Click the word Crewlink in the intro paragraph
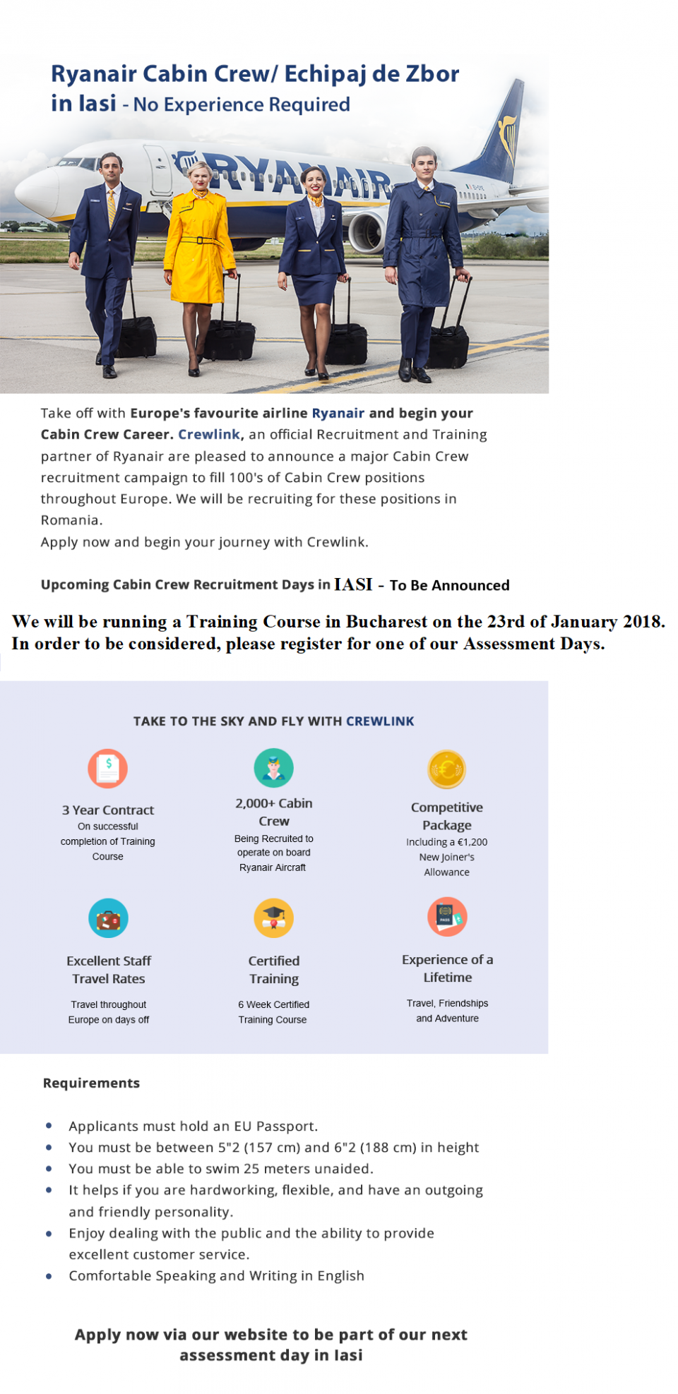(x=208, y=434)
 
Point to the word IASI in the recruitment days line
(x=353, y=584)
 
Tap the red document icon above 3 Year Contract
(x=107, y=768)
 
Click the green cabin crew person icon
(x=273, y=767)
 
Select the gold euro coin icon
(x=446, y=769)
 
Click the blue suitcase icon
(x=108, y=918)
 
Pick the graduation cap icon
(x=273, y=918)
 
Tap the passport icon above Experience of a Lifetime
(x=446, y=916)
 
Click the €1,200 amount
(x=472, y=842)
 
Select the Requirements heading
(x=91, y=1083)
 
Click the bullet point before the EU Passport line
(x=49, y=1126)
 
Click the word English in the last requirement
(x=340, y=1275)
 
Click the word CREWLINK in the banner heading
(x=380, y=721)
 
